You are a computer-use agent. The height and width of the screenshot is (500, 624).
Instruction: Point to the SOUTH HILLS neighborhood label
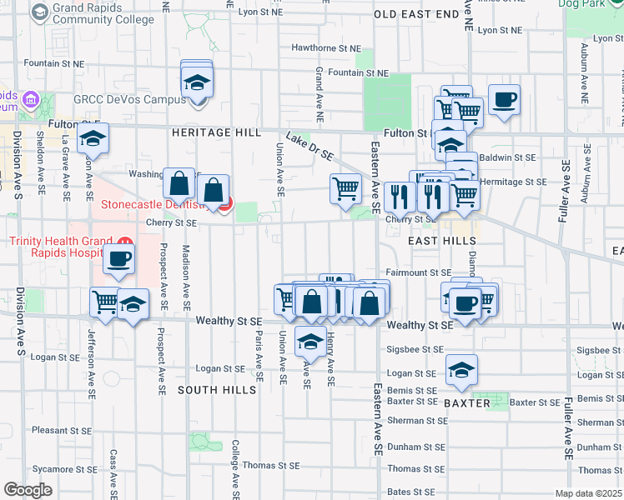point(216,390)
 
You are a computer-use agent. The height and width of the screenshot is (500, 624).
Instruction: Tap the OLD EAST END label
point(416,14)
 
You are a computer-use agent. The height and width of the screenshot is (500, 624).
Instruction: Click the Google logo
point(28,490)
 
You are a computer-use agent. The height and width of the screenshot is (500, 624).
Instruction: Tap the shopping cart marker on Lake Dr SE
point(345,187)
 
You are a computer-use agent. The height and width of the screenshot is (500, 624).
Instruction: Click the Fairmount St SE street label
point(418,272)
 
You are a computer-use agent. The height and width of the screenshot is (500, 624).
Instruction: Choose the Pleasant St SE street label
point(61,431)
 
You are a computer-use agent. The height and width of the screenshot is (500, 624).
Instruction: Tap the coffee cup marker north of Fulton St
point(505,100)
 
